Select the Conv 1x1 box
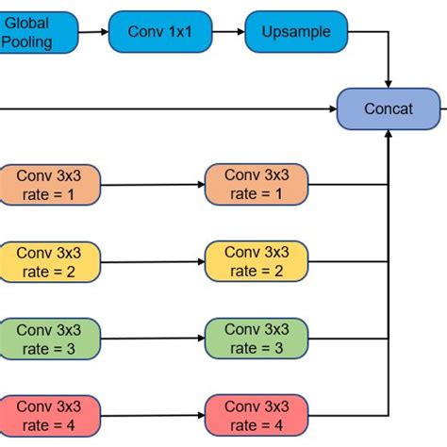[156, 31]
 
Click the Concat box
[388, 108]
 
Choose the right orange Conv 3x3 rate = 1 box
[257, 184]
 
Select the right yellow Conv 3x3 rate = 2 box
[257, 261]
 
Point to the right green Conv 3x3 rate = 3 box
[257, 338]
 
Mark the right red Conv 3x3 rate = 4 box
[257, 414]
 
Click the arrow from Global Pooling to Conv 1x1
[92, 31]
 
